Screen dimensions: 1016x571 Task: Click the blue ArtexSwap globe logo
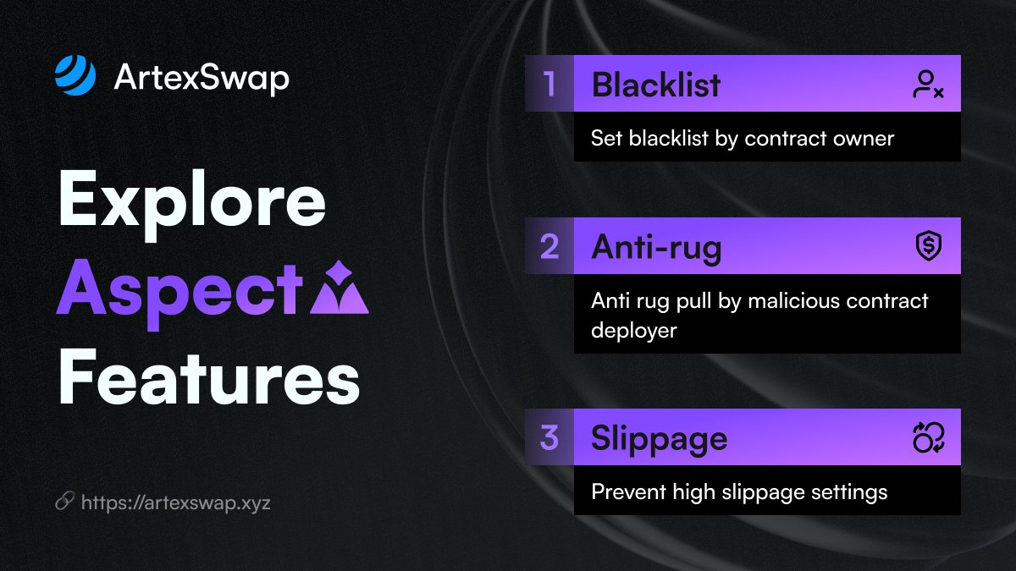coord(75,75)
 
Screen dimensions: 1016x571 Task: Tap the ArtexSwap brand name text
coord(202,79)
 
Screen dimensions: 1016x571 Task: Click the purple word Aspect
coord(179,294)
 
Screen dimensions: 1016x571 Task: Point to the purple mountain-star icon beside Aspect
coord(340,288)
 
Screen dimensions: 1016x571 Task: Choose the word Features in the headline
coord(209,377)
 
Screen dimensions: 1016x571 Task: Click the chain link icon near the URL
coord(65,501)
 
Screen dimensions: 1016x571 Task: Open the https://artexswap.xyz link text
coord(176,502)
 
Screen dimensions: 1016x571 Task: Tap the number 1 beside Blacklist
coord(549,84)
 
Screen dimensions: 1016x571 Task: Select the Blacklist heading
coord(656,85)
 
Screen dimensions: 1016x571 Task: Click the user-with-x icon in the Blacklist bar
coord(928,84)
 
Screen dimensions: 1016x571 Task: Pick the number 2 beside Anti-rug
coord(549,247)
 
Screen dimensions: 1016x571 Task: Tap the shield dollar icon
coord(929,246)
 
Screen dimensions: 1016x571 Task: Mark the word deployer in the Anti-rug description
coord(633,330)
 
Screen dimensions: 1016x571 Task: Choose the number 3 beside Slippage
coord(549,438)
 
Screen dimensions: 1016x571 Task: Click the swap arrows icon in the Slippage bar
coord(929,437)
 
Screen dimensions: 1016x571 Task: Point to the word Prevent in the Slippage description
coord(628,491)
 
